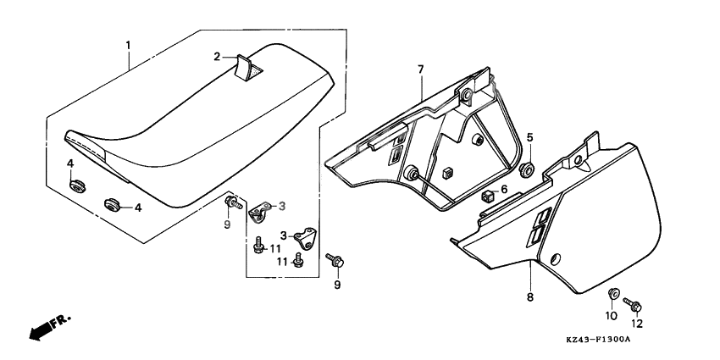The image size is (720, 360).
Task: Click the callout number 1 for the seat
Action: click(128, 43)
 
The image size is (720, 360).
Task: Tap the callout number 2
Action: click(218, 57)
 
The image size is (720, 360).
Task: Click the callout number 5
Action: click(529, 137)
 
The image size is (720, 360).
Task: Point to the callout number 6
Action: click(505, 190)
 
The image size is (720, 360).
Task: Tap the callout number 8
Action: click(530, 297)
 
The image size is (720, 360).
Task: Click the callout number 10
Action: click(609, 314)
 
